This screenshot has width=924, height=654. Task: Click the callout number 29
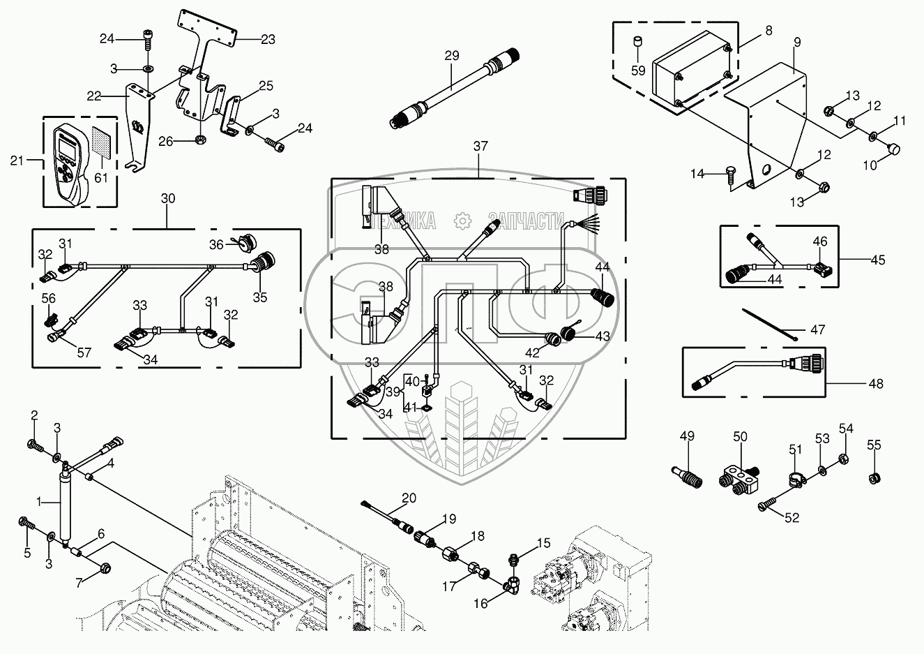[452, 55]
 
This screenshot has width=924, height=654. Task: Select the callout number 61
[103, 179]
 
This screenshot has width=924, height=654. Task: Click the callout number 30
[167, 199]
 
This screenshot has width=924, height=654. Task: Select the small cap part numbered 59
[637, 45]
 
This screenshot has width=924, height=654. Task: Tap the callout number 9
[797, 42]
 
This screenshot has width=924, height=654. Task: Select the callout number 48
[876, 383]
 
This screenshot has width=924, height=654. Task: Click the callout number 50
[740, 436]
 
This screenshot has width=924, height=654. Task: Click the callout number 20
[409, 498]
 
